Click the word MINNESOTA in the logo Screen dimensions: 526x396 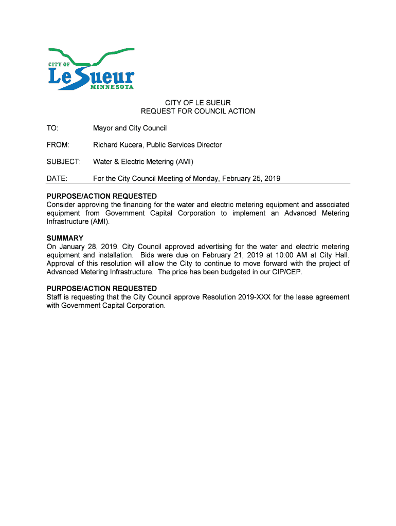(x=112, y=87)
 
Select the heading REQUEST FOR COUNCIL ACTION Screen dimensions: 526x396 (x=198, y=111)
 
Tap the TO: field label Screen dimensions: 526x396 (x=52, y=128)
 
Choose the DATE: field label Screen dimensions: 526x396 (x=57, y=179)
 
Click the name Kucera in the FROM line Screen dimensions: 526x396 (x=135, y=145)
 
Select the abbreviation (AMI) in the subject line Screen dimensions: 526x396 (x=184, y=162)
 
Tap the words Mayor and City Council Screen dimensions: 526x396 (x=130, y=128)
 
